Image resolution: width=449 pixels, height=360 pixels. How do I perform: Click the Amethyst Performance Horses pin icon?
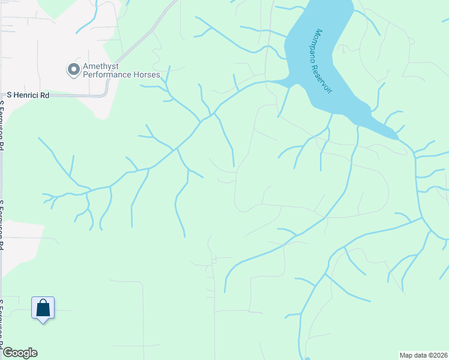coord(74,70)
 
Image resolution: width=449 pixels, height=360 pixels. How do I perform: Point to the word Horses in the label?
coord(147,75)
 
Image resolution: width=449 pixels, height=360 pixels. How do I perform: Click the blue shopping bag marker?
coord(43,308)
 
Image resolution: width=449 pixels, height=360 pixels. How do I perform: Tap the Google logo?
coord(20,353)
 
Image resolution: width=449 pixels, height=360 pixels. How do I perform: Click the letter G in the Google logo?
coord(7,353)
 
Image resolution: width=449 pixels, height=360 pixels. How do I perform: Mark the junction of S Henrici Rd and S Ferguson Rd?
coord(2,95)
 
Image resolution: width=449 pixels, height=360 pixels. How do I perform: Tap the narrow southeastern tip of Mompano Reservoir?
coord(396,137)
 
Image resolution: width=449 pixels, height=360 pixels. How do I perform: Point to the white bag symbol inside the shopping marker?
coord(43,308)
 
